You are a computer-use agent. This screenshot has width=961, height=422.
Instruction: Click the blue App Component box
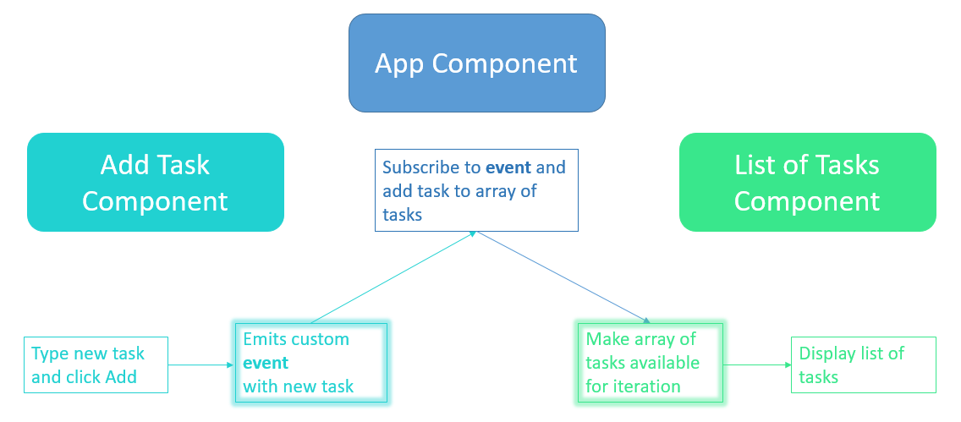click(x=476, y=63)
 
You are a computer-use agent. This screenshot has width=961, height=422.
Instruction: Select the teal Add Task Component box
click(x=155, y=182)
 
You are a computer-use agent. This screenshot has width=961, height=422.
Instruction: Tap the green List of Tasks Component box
click(x=807, y=182)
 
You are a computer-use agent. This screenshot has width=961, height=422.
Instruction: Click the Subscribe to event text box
click(x=476, y=190)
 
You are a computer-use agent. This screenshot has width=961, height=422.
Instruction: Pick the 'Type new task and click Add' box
click(x=96, y=365)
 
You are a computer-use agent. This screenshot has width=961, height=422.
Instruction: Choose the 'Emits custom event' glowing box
click(x=310, y=362)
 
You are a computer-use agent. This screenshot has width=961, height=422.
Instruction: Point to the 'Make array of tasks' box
click(x=650, y=362)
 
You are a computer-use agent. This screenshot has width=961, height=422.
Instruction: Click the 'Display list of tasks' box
click(x=863, y=365)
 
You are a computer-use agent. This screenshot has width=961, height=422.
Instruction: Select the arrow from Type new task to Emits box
click(x=200, y=365)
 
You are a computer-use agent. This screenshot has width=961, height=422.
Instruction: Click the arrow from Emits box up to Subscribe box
click(x=393, y=277)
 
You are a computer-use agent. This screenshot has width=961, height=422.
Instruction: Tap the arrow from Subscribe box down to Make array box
click(x=563, y=277)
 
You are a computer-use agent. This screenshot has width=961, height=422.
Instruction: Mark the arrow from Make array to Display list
click(x=756, y=365)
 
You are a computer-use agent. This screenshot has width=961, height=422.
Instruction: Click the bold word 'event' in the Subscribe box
click(x=508, y=167)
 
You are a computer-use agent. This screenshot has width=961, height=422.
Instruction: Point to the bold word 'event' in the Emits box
click(x=266, y=363)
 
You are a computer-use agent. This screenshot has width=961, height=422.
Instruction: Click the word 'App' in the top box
click(x=399, y=63)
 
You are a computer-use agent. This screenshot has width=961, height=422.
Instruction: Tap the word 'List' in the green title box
click(x=757, y=164)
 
